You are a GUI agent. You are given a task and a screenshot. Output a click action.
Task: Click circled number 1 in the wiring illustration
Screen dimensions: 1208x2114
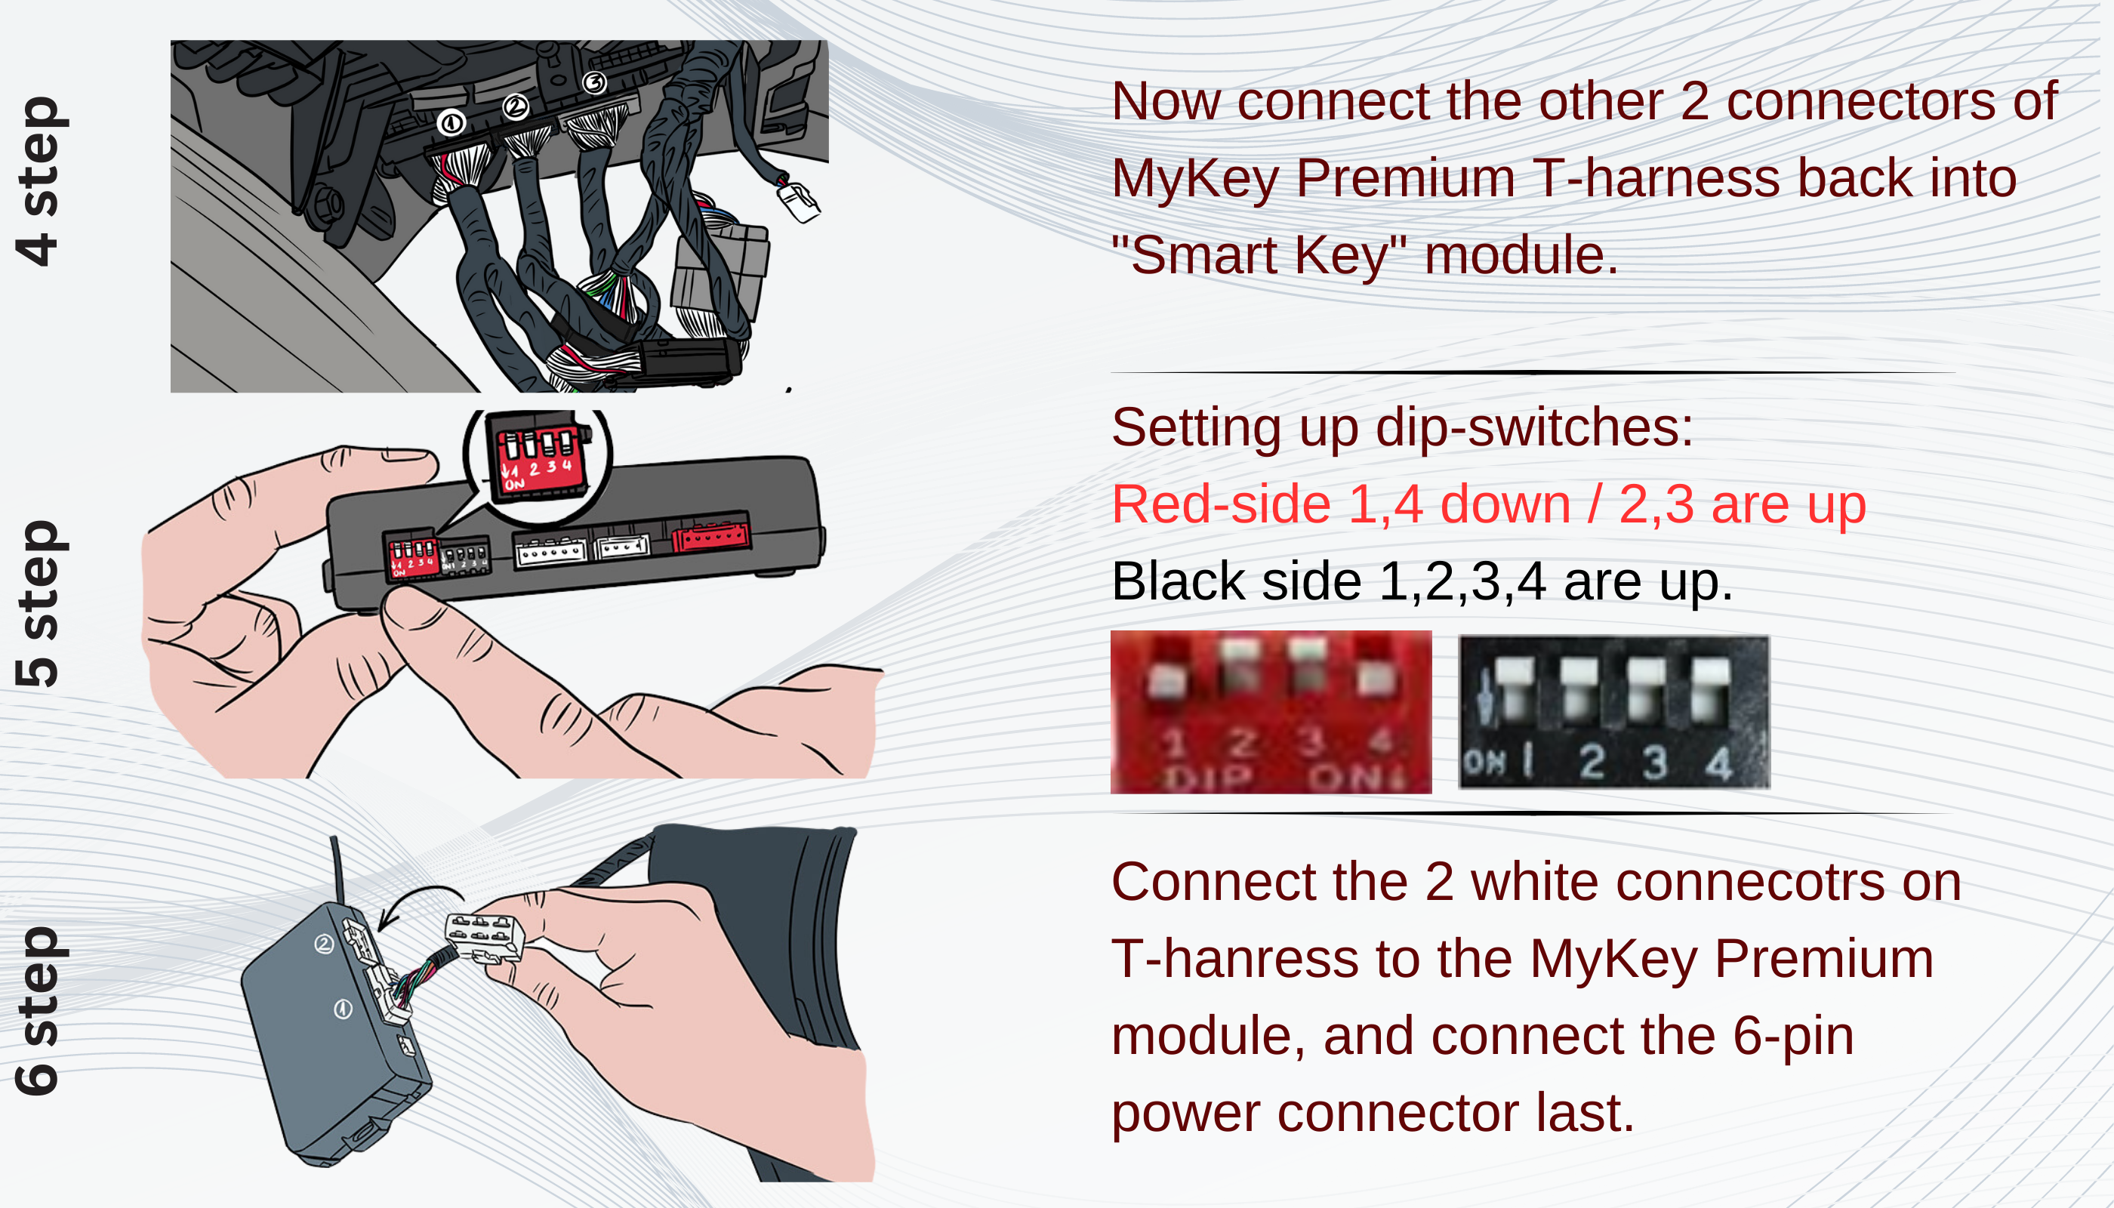(451, 124)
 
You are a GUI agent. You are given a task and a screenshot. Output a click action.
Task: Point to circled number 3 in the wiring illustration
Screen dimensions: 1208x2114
(594, 83)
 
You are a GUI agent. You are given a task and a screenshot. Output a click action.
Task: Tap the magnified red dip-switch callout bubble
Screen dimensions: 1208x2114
(538, 465)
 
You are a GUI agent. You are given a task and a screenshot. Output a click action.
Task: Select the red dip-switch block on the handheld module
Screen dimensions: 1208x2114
(412, 556)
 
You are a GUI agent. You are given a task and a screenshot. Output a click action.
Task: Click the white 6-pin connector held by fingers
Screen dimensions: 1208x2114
(485, 937)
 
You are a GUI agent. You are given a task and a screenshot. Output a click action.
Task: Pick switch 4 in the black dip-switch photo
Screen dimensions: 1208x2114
(1711, 689)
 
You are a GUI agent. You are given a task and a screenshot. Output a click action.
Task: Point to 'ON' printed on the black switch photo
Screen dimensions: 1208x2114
(1484, 762)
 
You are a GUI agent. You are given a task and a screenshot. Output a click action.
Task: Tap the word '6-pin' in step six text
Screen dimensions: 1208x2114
(1792, 1037)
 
